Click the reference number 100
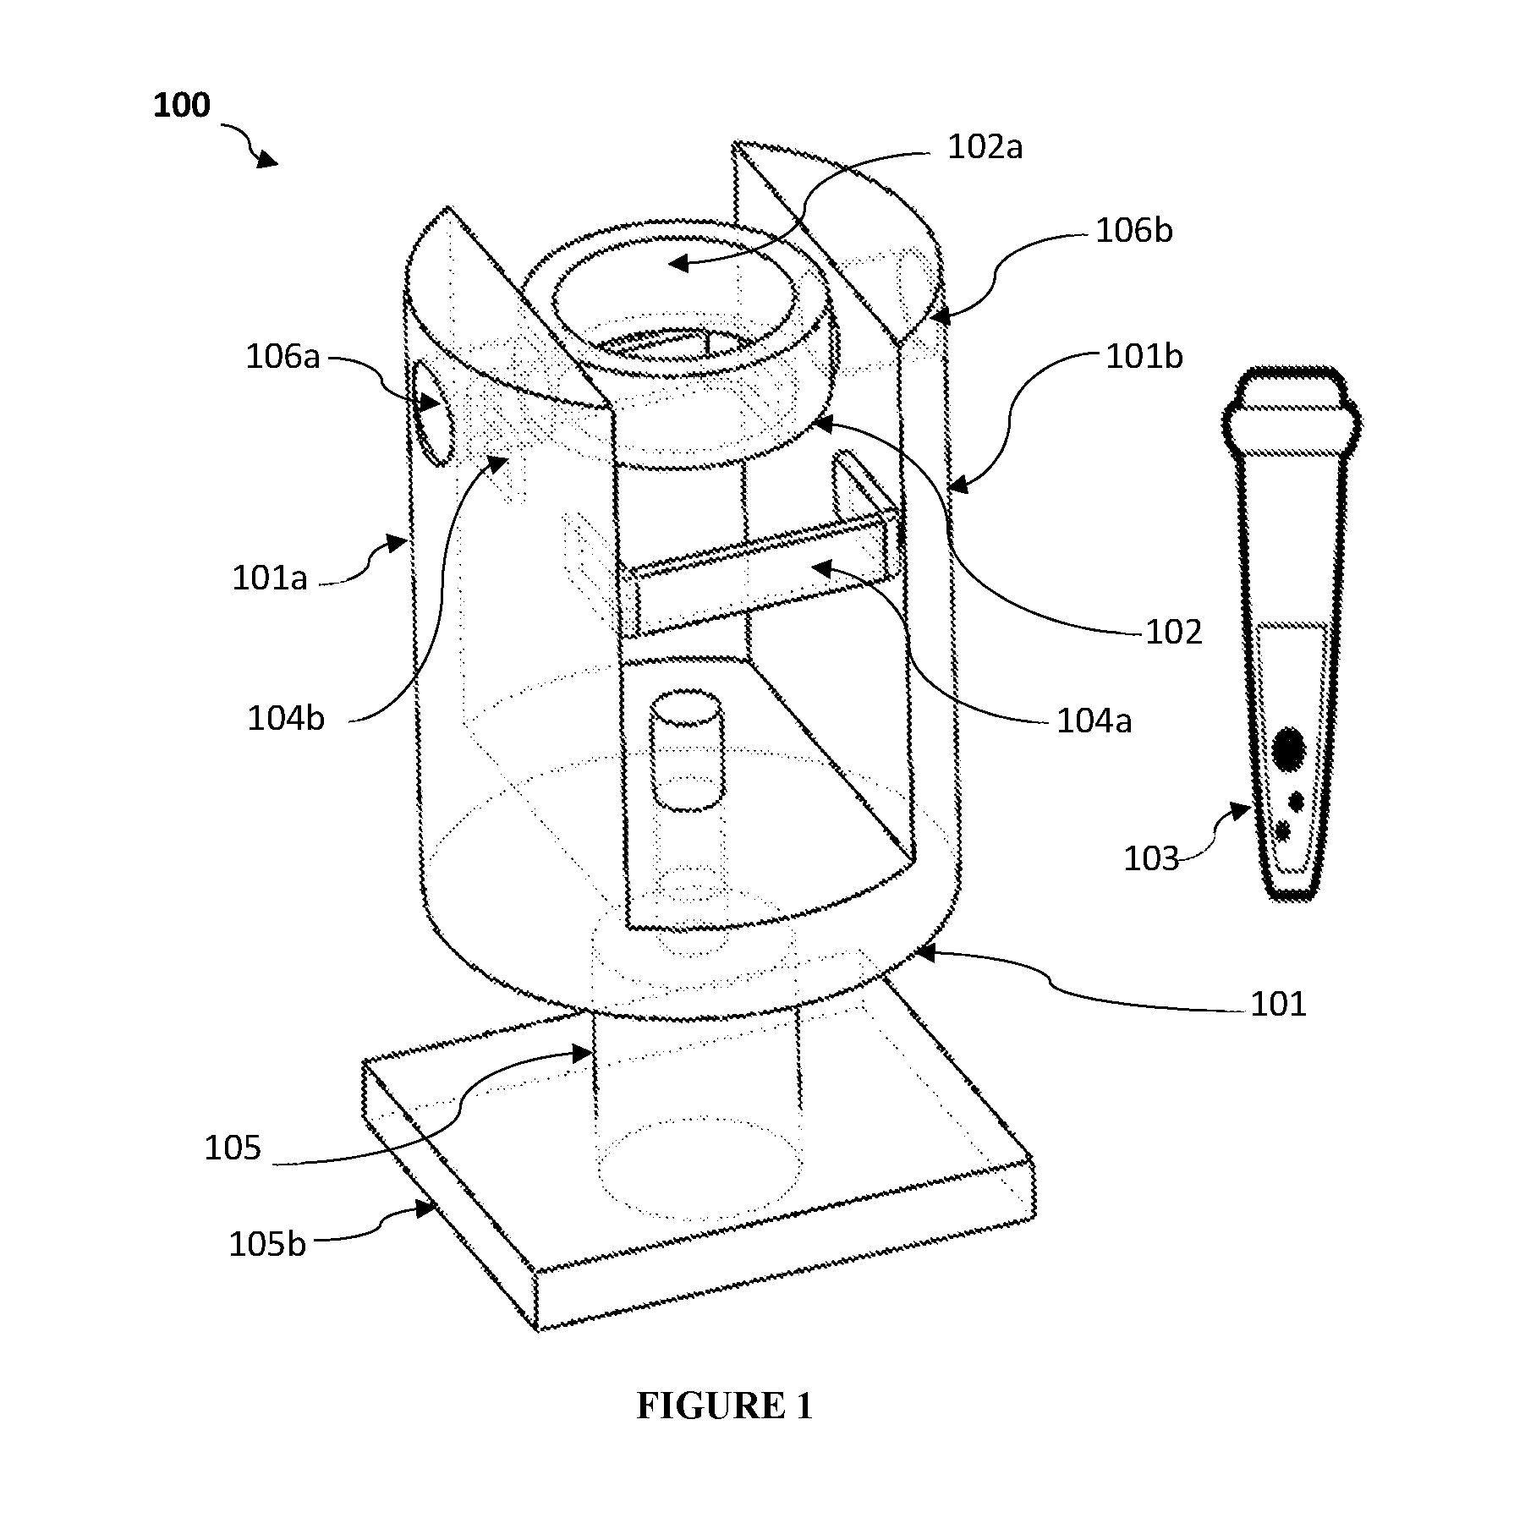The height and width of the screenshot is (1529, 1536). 181,107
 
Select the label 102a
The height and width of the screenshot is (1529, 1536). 985,147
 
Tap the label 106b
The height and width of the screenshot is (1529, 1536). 1134,230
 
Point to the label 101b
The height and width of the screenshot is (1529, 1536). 1144,357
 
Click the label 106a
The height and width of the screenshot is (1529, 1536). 283,357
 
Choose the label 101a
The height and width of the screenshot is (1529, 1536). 270,578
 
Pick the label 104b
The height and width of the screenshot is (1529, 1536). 286,718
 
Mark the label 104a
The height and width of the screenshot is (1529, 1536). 1094,721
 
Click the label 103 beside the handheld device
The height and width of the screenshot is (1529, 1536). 1150,859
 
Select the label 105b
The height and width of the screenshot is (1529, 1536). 267,1245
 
